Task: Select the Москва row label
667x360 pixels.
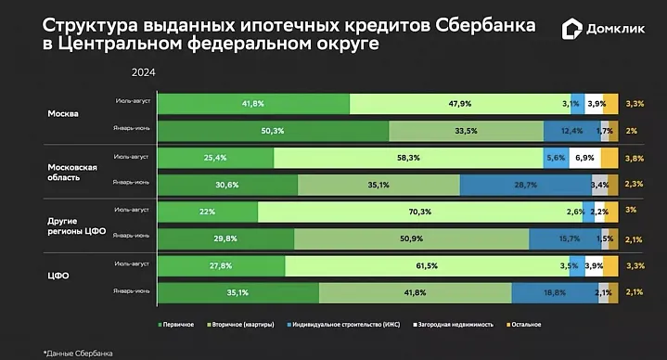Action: pos(64,114)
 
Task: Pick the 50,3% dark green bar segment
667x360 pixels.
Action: pos(272,131)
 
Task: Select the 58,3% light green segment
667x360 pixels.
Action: pos(408,158)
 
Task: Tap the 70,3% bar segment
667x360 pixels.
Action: pos(419,212)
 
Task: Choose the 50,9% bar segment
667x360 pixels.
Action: pos(412,239)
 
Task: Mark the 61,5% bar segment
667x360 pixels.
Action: pos(426,266)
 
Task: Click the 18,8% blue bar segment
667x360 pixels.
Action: pos(554,293)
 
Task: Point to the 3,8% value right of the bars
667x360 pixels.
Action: pos(635,159)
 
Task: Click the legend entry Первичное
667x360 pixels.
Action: pos(177,325)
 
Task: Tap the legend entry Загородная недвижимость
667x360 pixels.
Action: pos(451,325)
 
